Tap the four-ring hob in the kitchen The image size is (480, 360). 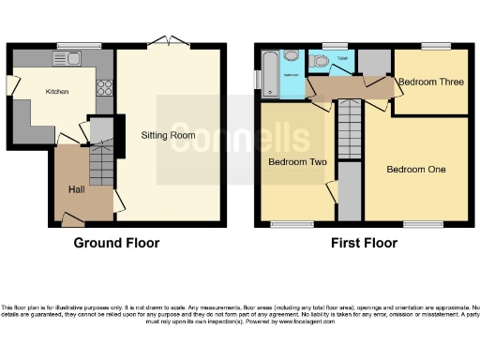pyautogui.click(x=103, y=91)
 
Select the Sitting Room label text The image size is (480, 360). pyautogui.click(x=168, y=135)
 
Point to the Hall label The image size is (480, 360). pyautogui.click(x=77, y=189)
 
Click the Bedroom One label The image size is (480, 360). pyautogui.click(x=417, y=169)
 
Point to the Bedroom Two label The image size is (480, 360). pyautogui.click(x=297, y=161)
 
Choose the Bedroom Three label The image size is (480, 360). pyautogui.click(x=430, y=82)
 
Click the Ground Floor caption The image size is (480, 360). pyautogui.click(x=116, y=243)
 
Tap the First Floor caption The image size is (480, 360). pyautogui.click(x=363, y=243)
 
